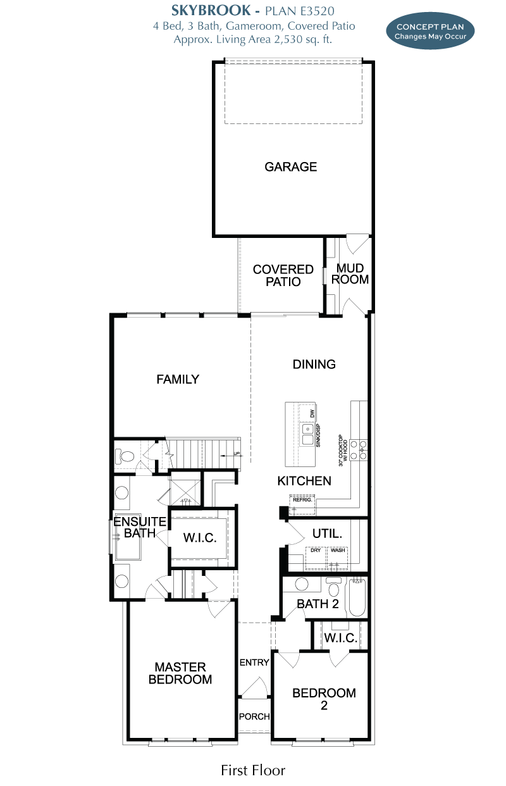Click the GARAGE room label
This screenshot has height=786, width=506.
pyautogui.click(x=291, y=166)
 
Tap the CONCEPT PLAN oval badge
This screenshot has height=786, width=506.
pyautogui.click(x=430, y=31)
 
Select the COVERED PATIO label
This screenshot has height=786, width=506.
pyautogui.click(x=283, y=275)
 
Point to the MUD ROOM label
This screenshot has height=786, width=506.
pyautogui.click(x=350, y=273)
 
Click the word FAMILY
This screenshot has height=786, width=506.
pyautogui.click(x=178, y=379)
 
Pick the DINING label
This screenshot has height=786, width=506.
pyautogui.click(x=314, y=365)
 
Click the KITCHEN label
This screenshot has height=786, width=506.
pyautogui.click(x=304, y=481)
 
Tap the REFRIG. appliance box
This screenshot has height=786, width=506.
pyautogui.click(x=302, y=505)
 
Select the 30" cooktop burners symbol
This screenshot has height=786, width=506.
pyautogui.click(x=359, y=450)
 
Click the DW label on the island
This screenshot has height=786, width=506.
pyautogui.click(x=312, y=413)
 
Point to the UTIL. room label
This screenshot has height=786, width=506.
pyautogui.click(x=327, y=533)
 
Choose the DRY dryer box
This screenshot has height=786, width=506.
pyautogui.click(x=316, y=558)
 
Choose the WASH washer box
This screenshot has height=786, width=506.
pyautogui.click(x=337, y=558)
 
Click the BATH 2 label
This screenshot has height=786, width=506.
pyautogui.click(x=318, y=604)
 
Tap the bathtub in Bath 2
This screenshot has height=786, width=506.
pyautogui.click(x=357, y=597)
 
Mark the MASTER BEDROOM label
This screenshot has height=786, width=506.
pyautogui.click(x=180, y=673)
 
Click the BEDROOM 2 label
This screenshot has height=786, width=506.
pyautogui.click(x=324, y=699)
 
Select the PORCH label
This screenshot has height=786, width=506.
pyautogui.click(x=254, y=716)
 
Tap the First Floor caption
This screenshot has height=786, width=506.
pyautogui.click(x=253, y=771)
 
